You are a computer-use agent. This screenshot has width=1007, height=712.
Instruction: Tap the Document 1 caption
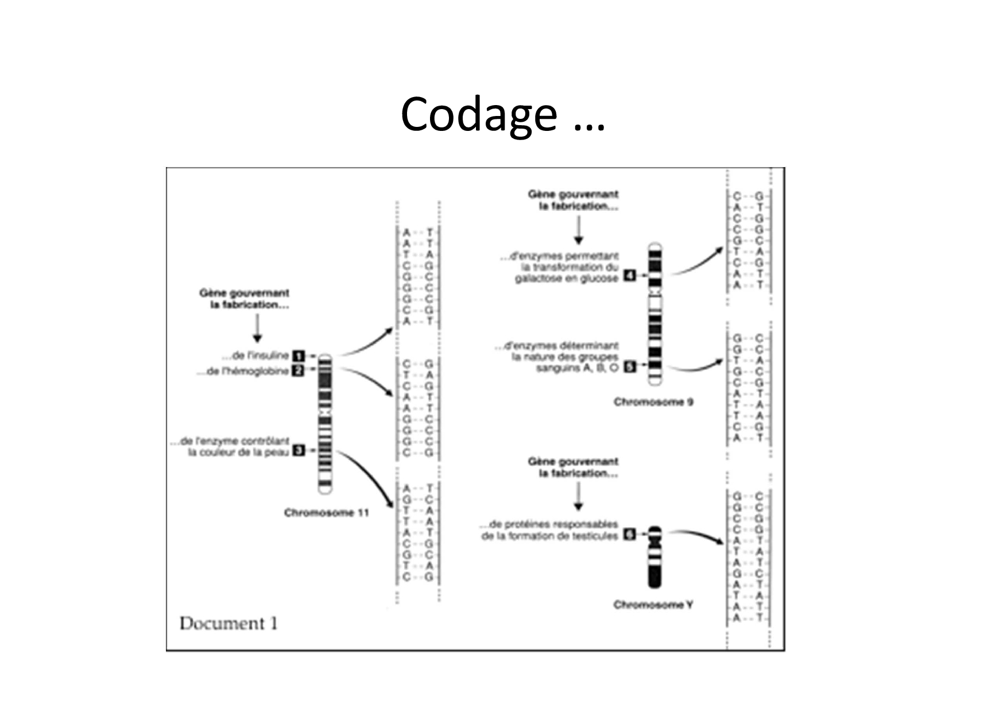click(228, 624)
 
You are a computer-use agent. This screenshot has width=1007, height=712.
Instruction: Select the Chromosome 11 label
click(326, 513)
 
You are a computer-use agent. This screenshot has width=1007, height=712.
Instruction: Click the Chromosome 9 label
click(653, 402)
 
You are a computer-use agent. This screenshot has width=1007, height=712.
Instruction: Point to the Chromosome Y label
click(653, 605)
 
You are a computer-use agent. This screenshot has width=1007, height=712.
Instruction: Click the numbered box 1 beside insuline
click(299, 356)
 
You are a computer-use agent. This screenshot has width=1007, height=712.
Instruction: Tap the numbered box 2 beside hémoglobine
click(299, 371)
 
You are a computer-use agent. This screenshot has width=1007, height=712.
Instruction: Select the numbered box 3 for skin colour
click(299, 451)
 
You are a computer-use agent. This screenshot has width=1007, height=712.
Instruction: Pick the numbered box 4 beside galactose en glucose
click(629, 276)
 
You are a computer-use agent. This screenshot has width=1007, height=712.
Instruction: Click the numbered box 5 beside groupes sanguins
click(629, 366)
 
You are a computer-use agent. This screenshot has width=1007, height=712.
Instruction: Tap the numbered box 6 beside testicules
click(629, 535)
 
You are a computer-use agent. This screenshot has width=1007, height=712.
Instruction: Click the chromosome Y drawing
click(654, 557)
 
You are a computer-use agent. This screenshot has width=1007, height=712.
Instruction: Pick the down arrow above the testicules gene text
click(578, 497)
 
